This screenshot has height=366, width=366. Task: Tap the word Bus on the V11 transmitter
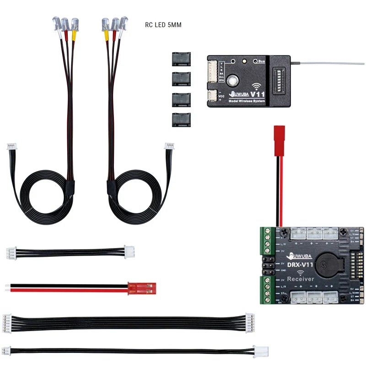pos(262,61)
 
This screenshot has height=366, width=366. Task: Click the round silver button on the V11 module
pos(233,81)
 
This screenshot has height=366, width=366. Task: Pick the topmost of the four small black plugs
pos(182,59)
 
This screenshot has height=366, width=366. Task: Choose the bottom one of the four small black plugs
pos(182,119)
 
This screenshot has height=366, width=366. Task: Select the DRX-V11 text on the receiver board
pos(300,264)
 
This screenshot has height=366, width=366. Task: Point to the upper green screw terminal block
pos(266,240)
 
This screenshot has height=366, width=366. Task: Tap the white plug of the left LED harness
pos(11,147)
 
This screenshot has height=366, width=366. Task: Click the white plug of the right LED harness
pos(170,147)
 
